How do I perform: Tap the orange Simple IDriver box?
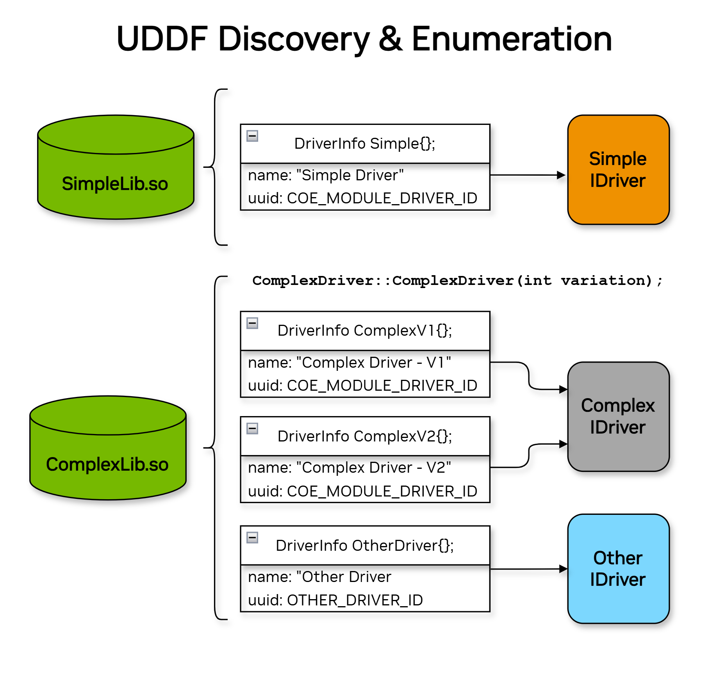point(618,170)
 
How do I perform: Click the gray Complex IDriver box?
point(618,416)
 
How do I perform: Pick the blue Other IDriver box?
point(618,569)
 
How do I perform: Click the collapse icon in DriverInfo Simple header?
point(252,136)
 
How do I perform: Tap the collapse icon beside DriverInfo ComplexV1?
point(252,323)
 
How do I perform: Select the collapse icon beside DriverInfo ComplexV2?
point(252,428)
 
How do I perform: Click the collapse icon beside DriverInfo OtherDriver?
point(252,537)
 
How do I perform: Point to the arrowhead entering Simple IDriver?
point(561,175)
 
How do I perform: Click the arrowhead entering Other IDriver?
point(563,569)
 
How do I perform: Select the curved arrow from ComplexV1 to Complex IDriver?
point(529,376)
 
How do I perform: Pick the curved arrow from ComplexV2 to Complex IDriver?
point(529,456)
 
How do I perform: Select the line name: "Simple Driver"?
point(326,175)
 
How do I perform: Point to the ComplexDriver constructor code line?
point(457,281)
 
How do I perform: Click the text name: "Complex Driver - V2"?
point(349,468)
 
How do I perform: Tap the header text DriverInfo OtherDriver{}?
point(364,545)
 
